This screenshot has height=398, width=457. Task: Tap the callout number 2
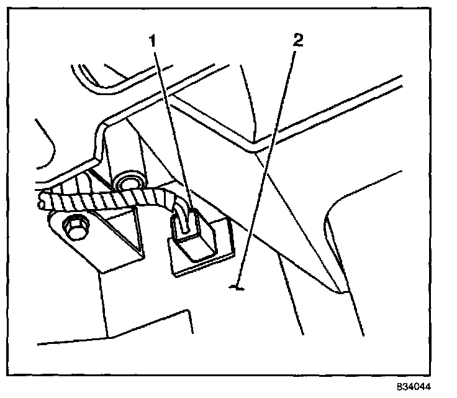pyautogui.click(x=299, y=42)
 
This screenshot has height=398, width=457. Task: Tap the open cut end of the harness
pyautogui.click(x=42, y=200)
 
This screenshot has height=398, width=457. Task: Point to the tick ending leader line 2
pyautogui.click(x=235, y=287)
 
